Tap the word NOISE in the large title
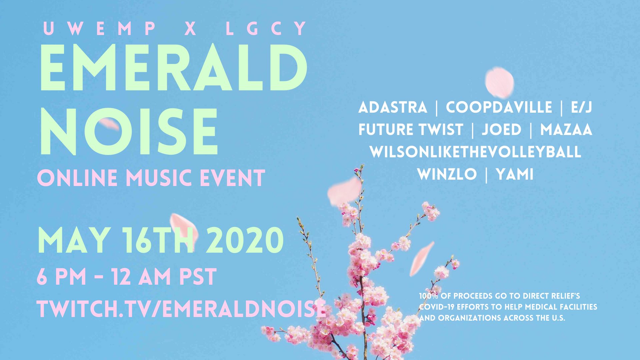[129, 132]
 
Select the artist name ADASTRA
[393, 107]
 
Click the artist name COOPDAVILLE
[499, 107]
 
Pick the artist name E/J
[581, 107]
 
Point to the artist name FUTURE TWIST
[411, 130]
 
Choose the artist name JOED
[502, 130]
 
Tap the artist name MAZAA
[566, 130]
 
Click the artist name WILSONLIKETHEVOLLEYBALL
[476, 152]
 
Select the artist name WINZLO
[447, 174]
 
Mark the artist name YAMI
[515, 174]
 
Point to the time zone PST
[198, 277]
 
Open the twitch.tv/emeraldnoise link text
[182, 308]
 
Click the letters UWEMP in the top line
[100, 28]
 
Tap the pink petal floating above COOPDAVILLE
[499, 83]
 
